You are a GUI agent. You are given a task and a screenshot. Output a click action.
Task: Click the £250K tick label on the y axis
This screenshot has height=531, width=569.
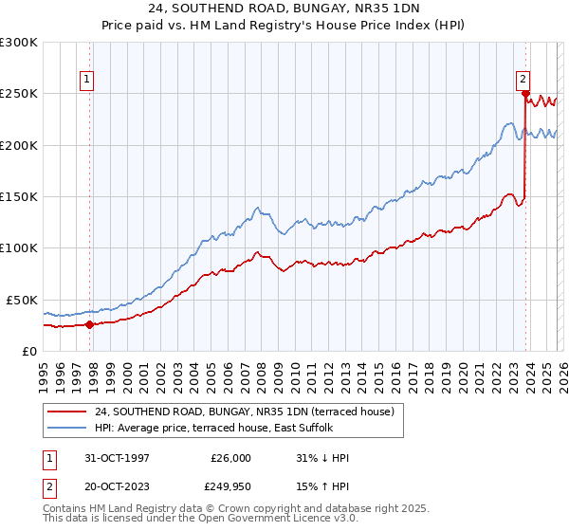point(19,94)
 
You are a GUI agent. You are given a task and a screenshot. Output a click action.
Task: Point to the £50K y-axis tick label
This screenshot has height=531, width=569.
point(23,300)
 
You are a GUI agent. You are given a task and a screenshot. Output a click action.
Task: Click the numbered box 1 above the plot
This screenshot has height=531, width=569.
point(86,81)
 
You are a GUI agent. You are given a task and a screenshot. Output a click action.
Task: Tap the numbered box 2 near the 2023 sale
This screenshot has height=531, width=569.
point(523,81)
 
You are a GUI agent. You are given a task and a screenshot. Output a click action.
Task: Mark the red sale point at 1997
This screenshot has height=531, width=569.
point(90,324)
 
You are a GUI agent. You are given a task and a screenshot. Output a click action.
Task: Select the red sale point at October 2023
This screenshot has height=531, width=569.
point(525,94)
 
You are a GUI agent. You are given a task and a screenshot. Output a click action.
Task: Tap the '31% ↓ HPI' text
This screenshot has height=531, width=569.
point(322,458)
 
